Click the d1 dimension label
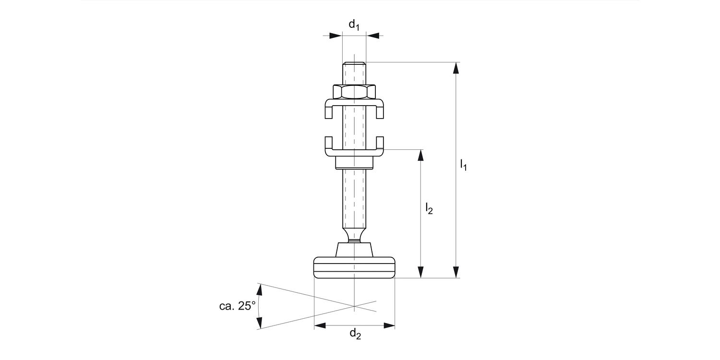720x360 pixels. pyautogui.click(x=354, y=25)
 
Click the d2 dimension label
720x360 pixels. pyautogui.click(x=355, y=334)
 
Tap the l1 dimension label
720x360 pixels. pyautogui.click(x=463, y=165)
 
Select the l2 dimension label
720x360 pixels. pyautogui.click(x=429, y=208)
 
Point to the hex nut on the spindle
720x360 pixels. pyautogui.click(x=354, y=91)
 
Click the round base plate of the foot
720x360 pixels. pyautogui.click(x=354, y=268)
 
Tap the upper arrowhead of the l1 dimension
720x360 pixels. pyautogui.click(x=456, y=68)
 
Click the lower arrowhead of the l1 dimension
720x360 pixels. pyautogui.click(x=456, y=272)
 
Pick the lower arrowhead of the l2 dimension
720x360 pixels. pyautogui.click(x=421, y=272)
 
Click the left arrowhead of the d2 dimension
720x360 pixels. pyautogui.click(x=320, y=325)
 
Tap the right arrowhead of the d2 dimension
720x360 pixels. pyautogui.click(x=389, y=325)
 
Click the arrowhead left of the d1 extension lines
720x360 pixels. pyautogui.click(x=336, y=35)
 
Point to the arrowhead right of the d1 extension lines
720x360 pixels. pyautogui.click(x=372, y=35)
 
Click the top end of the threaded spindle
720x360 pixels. pyautogui.click(x=354, y=63)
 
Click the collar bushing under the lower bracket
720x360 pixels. pyautogui.click(x=354, y=163)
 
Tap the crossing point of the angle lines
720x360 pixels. pyautogui.click(x=354, y=306)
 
